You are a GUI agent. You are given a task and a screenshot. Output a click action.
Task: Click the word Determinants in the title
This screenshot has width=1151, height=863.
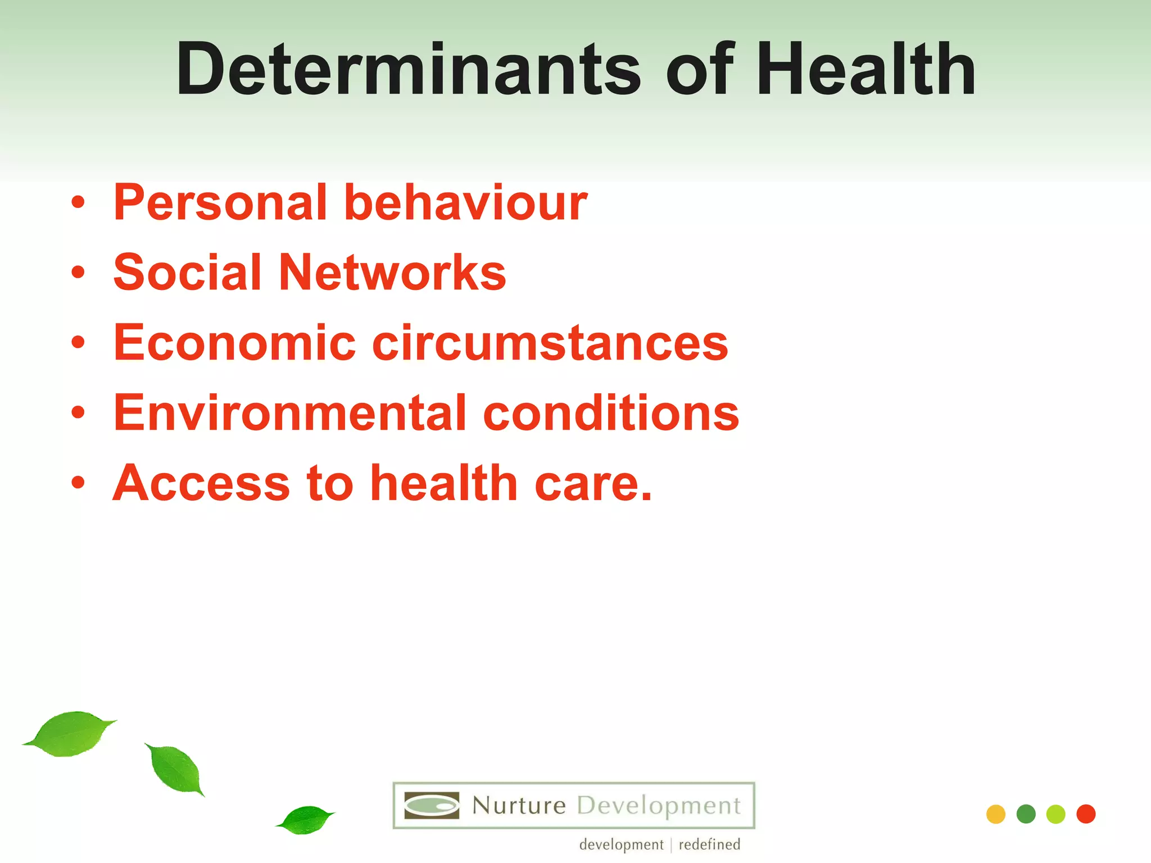(x=408, y=70)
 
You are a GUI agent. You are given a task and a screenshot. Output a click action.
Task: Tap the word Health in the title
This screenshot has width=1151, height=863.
(x=865, y=70)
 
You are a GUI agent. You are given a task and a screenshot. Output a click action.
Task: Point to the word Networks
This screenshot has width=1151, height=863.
(x=392, y=272)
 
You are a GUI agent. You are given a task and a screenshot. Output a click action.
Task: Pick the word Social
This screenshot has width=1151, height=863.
(x=188, y=272)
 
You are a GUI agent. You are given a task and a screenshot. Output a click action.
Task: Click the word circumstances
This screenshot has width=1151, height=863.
(x=550, y=343)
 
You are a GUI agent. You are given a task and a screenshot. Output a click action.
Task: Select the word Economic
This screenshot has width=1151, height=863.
(x=234, y=343)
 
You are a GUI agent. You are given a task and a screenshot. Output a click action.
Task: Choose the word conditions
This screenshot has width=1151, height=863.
(x=611, y=413)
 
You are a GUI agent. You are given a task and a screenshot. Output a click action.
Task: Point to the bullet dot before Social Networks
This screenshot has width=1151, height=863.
(x=78, y=273)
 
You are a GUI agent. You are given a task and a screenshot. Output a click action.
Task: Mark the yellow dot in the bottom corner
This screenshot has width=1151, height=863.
(x=996, y=814)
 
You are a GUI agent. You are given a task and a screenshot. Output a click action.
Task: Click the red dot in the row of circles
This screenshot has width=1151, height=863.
(x=1086, y=814)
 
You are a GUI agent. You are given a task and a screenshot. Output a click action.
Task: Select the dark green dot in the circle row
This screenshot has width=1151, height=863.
(x=1026, y=814)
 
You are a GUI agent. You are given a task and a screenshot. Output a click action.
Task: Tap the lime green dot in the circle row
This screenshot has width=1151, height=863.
(x=1056, y=814)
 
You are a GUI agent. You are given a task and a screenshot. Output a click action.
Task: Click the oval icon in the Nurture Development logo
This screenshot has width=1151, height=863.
(x=432, y=806)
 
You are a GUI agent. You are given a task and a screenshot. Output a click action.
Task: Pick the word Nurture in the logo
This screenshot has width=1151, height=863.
(x=519, y=806)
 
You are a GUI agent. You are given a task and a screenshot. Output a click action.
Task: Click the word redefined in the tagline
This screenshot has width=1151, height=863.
(x=709, y=844)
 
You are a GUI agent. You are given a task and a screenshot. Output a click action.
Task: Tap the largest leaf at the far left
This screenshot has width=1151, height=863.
(x=70, y=734)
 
